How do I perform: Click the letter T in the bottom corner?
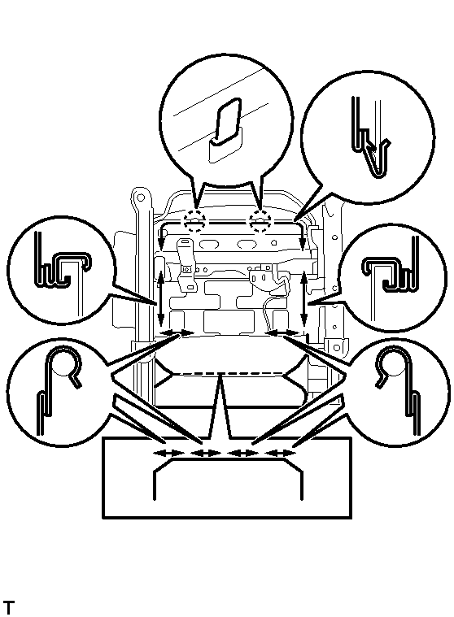9,606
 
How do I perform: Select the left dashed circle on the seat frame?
195,221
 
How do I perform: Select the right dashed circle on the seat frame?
260,221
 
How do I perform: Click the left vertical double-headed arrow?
160,295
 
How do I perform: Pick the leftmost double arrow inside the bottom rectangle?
168,453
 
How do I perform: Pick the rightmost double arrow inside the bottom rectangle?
281,453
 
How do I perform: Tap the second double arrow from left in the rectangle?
205,453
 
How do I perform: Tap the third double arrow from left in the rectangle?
243,453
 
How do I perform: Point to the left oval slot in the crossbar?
208,245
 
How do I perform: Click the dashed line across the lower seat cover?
229,373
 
